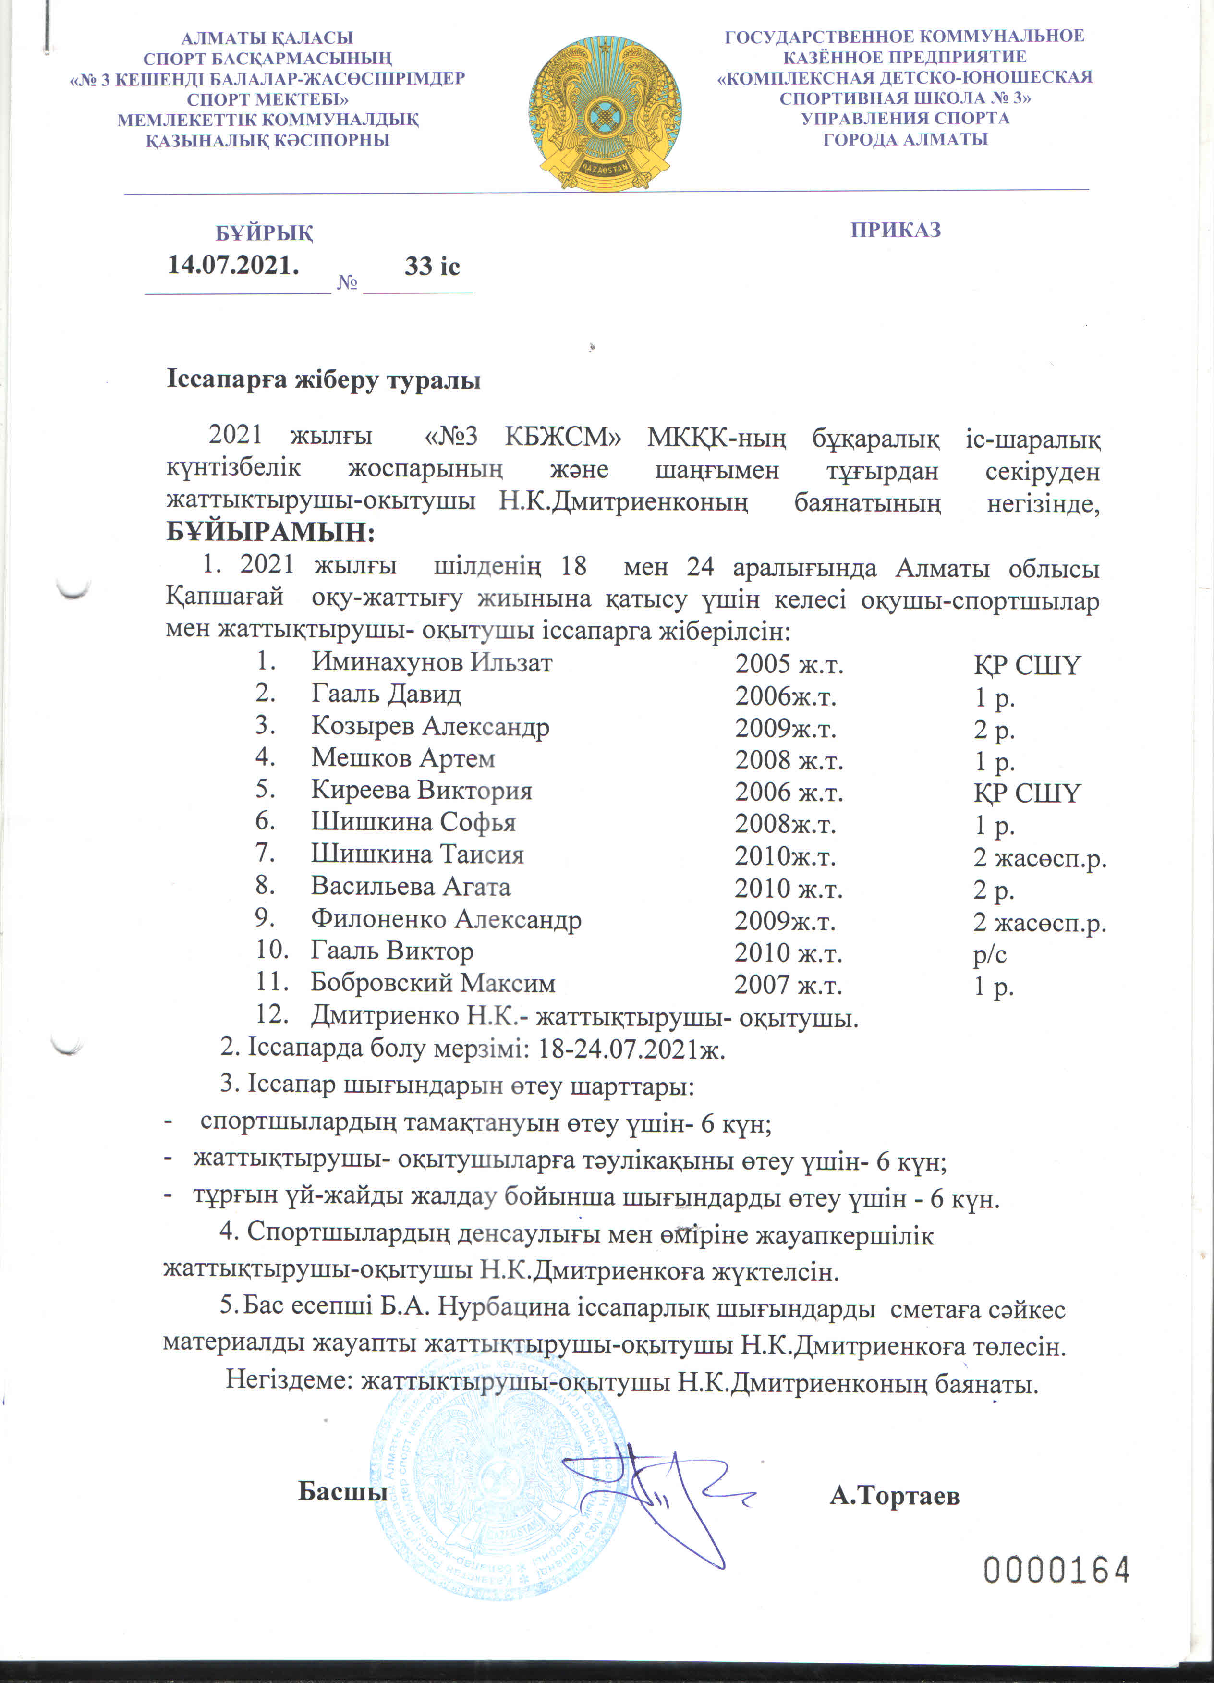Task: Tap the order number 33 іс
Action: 432,267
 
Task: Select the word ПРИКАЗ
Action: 896,229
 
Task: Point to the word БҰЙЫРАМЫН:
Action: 271,532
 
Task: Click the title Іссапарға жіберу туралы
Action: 324,380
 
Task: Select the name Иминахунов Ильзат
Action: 431,661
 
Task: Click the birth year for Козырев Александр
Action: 785,728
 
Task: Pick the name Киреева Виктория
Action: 422,790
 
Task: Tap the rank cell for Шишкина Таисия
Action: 1039,857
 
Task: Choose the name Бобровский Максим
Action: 433,983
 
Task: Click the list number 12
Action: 272,1014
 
